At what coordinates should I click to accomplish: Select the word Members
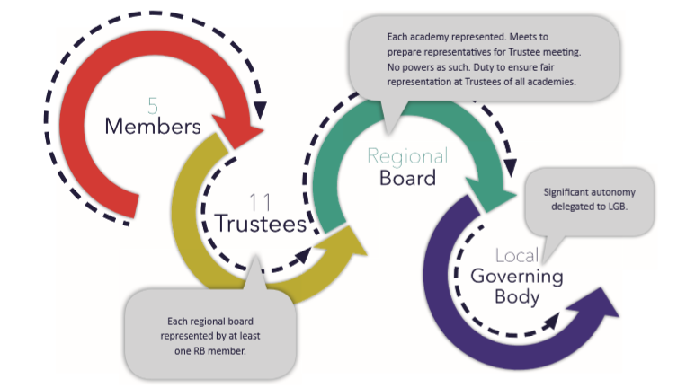point(153,127)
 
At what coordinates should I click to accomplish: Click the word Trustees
point(261,224)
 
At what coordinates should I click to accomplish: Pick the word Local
point(517,256)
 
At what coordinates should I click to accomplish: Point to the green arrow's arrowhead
point(494,199)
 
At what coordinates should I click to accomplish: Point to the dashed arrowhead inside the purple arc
point(564,317)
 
